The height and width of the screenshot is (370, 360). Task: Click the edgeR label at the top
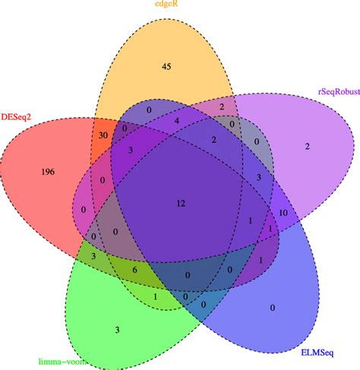[x=166, y=4]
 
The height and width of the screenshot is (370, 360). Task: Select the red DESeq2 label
[x=16, y=117]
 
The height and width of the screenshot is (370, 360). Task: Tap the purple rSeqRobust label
[x=339, y=91]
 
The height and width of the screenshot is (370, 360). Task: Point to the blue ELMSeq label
[x=317, y=353]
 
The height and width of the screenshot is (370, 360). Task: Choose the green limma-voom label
[x=62, y=362]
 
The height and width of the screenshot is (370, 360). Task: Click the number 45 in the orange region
[x=166, y=66]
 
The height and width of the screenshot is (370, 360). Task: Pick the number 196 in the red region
[x=48, y=172]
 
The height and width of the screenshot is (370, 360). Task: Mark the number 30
[x=103, y=135]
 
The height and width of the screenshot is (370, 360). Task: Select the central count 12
[x=182, y=203]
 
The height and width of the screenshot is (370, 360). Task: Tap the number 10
[x=283, y=213]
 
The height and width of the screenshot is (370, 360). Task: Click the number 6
[x=135, y=270]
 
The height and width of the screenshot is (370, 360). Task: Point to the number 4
[x=177, y=121]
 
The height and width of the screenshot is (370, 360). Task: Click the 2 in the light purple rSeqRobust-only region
[x=308, y=146]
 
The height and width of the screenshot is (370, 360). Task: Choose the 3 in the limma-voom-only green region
[x=117, y=330]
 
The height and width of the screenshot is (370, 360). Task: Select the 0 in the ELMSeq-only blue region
[x=273, y=308]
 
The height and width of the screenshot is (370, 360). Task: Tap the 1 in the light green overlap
[x=155, y=296]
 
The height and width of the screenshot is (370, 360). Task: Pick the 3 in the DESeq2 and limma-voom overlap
[x=93, y=256]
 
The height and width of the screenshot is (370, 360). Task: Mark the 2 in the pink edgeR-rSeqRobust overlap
[x=222, y=106]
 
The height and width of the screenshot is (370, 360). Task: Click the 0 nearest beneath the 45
[x=149, y=109]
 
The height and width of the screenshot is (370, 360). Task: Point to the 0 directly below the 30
[x=103, y=180]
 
